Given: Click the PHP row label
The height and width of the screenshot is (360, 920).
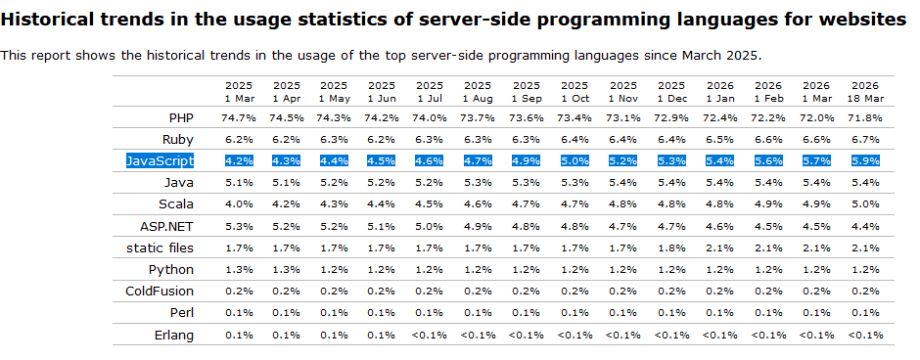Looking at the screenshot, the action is pyautogui.click(x=181, y=117).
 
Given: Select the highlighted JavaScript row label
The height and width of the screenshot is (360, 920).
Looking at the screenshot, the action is pyautogui.click(x=160, y=160).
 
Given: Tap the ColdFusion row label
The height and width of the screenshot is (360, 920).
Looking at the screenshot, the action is pyautogui.click(x=160, y=292).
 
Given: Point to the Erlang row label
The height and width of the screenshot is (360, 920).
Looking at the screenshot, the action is pyautogui.click(x=175, y=336).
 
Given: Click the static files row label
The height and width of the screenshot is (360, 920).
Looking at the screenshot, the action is pyautogui.click(x=160, y=248).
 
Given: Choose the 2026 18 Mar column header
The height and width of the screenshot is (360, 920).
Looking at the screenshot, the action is pyautogui.click(x=864, y=92).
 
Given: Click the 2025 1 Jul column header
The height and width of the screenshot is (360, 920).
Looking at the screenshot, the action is pyautogui.click(x=430, y=92).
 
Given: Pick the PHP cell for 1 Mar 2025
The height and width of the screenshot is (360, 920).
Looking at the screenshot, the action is pyautogui.click(x=239, y=117).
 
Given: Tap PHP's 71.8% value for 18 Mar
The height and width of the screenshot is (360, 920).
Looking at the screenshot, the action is pyautogui.click(x=864, y=117).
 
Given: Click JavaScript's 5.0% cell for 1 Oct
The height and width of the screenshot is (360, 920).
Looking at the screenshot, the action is pyautogui.click(x=575, y=161).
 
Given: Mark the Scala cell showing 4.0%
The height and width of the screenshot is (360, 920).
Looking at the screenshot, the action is pyautogui.click(x=239, y=204).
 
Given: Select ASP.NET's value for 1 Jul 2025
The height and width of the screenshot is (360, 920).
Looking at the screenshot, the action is pyautogui.click(x=430, y=226).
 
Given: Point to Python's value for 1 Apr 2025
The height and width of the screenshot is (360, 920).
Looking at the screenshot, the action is pyautogui.click(x=287, y=270).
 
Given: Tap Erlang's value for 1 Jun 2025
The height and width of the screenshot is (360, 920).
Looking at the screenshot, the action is pyautogui.click(x=382, y=336).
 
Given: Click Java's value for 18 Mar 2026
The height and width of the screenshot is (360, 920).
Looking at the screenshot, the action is pyautogui.click(x=864, y=183).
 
